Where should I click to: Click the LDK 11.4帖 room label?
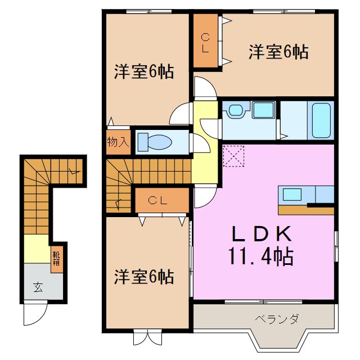click(260, 245)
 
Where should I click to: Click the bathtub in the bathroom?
click(320, 120)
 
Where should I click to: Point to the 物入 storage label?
click(118, 141)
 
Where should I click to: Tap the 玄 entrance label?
click(38, 288)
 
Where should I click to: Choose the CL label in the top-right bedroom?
click(205, 43)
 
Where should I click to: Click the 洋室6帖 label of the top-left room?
click(143, 72)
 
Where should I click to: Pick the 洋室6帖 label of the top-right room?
click(278, 52)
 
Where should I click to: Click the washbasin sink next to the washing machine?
click(235, 110)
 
